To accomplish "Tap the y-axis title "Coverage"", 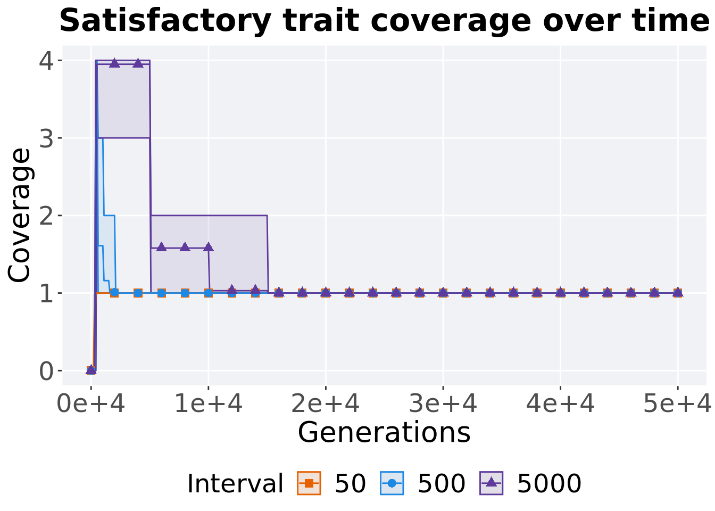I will click(20, 215).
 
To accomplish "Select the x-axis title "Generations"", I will click(384, 432).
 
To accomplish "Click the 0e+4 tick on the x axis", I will click(91, 405).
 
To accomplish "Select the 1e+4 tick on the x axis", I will click(209, 405).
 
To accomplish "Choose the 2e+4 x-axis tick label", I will click(326, 405).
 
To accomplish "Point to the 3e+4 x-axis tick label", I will click(443, 405).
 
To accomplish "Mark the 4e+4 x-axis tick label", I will click(560, 405).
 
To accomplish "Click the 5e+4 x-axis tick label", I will click(677, 405).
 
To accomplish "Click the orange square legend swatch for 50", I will click(309, 483).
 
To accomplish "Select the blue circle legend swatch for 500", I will click(392, 483).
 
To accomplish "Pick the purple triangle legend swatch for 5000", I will click(492, 483).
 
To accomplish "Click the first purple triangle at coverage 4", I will click(114, 63).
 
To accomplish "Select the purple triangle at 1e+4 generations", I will click(209, 247).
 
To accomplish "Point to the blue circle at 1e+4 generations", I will click(209, 293).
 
